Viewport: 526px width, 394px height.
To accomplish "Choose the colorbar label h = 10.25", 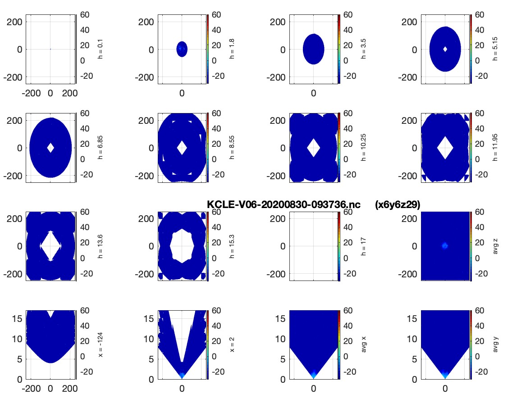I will tap(363, 147).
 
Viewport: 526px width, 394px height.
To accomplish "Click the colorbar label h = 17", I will tap(363, 246).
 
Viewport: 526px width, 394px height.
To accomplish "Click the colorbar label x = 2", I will tap(232, 344).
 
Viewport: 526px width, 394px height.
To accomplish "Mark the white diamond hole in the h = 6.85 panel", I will tap(50, 147).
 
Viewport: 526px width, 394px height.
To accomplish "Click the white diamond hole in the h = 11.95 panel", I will tap(445, 147).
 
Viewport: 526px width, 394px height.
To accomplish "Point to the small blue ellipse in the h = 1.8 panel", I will tap(182, 49).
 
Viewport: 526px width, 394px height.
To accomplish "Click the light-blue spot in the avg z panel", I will tap(445, 246).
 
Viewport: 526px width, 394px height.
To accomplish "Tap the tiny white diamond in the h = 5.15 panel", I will tap(445, 49).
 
